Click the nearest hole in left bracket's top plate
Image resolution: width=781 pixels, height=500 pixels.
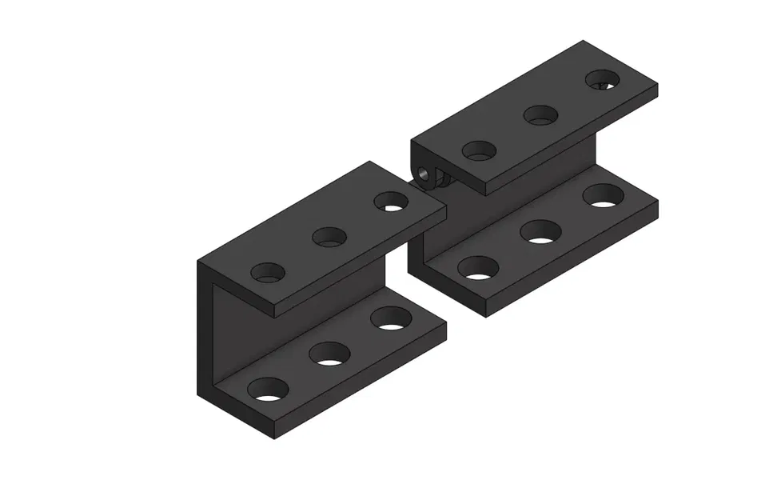click(268, 272)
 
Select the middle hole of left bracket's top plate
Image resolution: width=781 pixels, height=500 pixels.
click(329, 236)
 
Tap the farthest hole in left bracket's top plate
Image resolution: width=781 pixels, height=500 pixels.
click(389, 201)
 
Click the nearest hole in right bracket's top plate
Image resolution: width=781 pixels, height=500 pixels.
click(480, 150)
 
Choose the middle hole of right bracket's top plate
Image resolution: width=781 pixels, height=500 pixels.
click(541, 114)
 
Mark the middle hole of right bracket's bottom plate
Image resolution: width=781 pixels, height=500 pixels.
click(541, 232)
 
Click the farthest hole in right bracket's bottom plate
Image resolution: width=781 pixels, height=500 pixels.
click(604, 196)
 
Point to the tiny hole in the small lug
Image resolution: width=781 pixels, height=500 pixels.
click(424, 172)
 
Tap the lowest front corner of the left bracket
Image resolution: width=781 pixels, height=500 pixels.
click(273, 439)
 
